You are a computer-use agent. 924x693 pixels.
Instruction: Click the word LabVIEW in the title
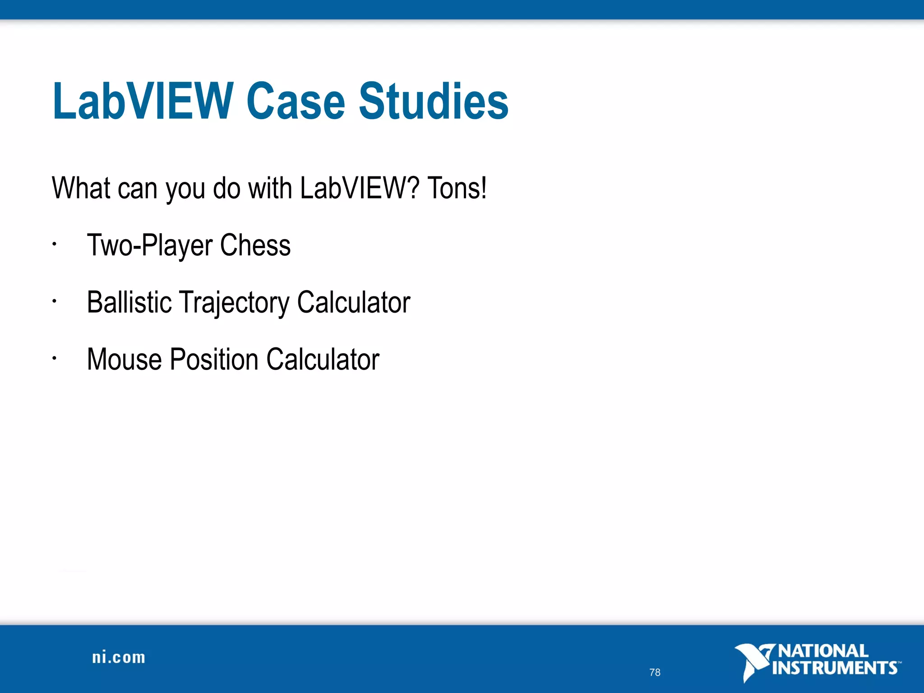143,102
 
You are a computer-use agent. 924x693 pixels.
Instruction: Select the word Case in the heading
296,102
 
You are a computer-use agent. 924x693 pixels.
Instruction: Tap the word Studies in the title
434,102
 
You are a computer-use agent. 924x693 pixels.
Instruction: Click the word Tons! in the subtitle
457,188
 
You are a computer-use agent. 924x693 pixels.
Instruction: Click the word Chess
255,245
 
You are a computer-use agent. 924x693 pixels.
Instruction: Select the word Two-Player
150,246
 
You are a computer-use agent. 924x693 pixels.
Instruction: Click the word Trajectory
234,303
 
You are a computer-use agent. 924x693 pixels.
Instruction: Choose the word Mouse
124,360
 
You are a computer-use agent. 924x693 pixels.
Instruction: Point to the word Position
214,360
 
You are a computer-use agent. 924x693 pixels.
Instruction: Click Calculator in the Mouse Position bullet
323,360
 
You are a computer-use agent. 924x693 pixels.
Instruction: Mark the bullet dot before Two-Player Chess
54,245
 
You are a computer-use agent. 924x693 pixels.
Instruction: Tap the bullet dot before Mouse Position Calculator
54,359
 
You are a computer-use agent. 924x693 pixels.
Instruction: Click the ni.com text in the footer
119,658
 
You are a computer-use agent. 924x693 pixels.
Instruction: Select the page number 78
655,672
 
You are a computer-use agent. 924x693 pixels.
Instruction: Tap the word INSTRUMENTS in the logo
835,668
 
